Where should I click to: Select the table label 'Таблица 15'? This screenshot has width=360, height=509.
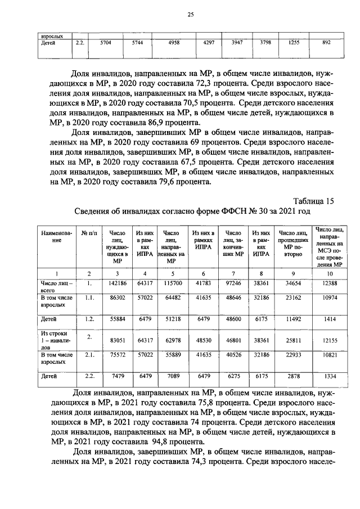click(314, 201)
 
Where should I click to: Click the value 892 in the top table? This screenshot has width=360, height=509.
click(326, 42)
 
